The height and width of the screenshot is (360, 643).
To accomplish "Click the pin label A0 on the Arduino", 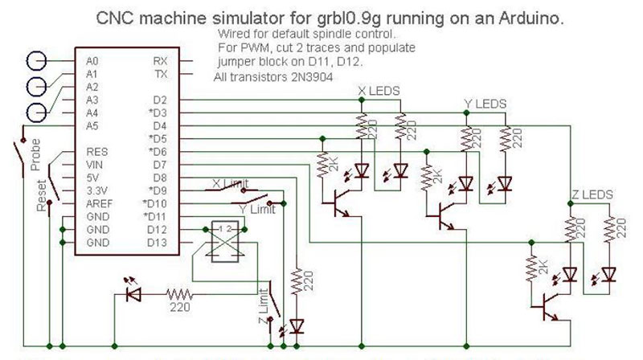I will [x=91, y=61].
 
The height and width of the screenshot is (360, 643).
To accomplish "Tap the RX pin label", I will [x=160, y=61].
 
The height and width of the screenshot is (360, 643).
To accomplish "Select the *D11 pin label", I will [x=156, y=217].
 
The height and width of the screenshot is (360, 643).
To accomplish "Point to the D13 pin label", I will [x=158, y=242].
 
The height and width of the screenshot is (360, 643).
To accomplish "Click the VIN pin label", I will [x=93, y=164].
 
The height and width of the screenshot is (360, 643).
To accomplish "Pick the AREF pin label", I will [x=96, y=203].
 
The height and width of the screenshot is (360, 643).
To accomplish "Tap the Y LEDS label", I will [x=485, y=104].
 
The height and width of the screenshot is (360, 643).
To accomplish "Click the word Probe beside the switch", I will [x=35, y=159].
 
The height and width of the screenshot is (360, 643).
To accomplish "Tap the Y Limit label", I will [x=258, y=210].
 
